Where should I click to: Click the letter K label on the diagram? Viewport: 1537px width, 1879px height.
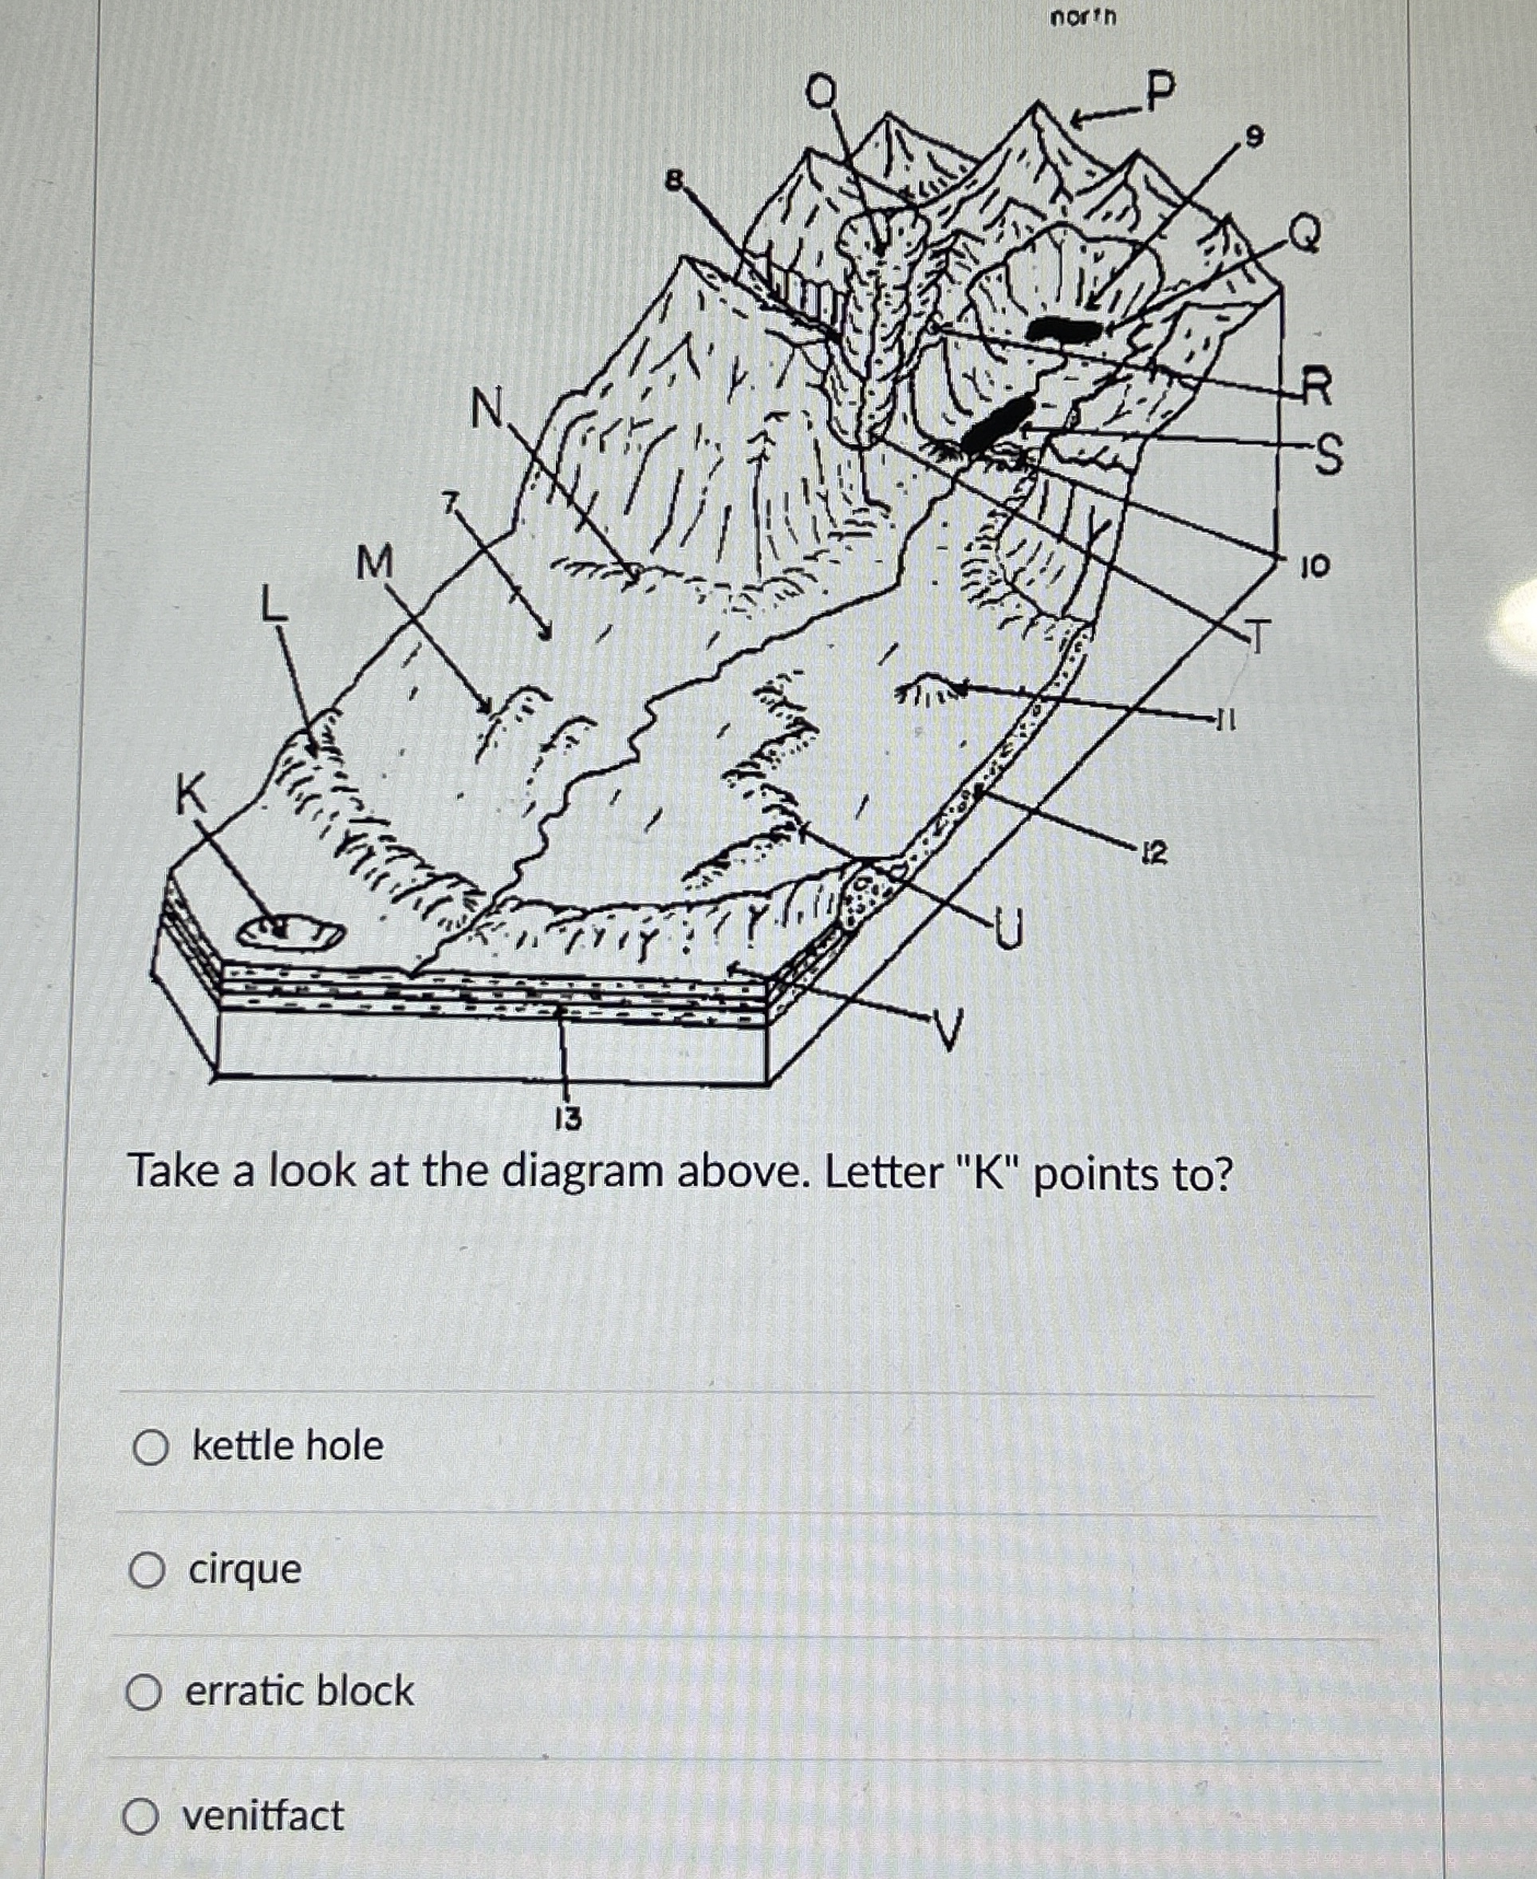click(188, 794)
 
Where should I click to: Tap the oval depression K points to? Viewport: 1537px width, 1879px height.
click(291, 933)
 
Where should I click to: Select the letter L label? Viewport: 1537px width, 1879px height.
click(274, 606)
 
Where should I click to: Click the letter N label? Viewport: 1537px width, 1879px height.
click(485, 409)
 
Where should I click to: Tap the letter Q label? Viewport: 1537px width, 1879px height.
click(1305, 233)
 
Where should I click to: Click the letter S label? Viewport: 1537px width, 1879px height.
click(1326, 455)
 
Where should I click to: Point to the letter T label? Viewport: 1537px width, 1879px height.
click(1256, 636)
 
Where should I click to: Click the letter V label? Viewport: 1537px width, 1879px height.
click(947, 1029)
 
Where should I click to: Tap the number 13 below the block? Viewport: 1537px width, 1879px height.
click(568, 1119)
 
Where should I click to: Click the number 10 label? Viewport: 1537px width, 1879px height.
click(1314, 566)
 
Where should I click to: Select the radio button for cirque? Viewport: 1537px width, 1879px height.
click(147, 1571)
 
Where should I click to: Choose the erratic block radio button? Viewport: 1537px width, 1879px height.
click(144, 1692)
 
